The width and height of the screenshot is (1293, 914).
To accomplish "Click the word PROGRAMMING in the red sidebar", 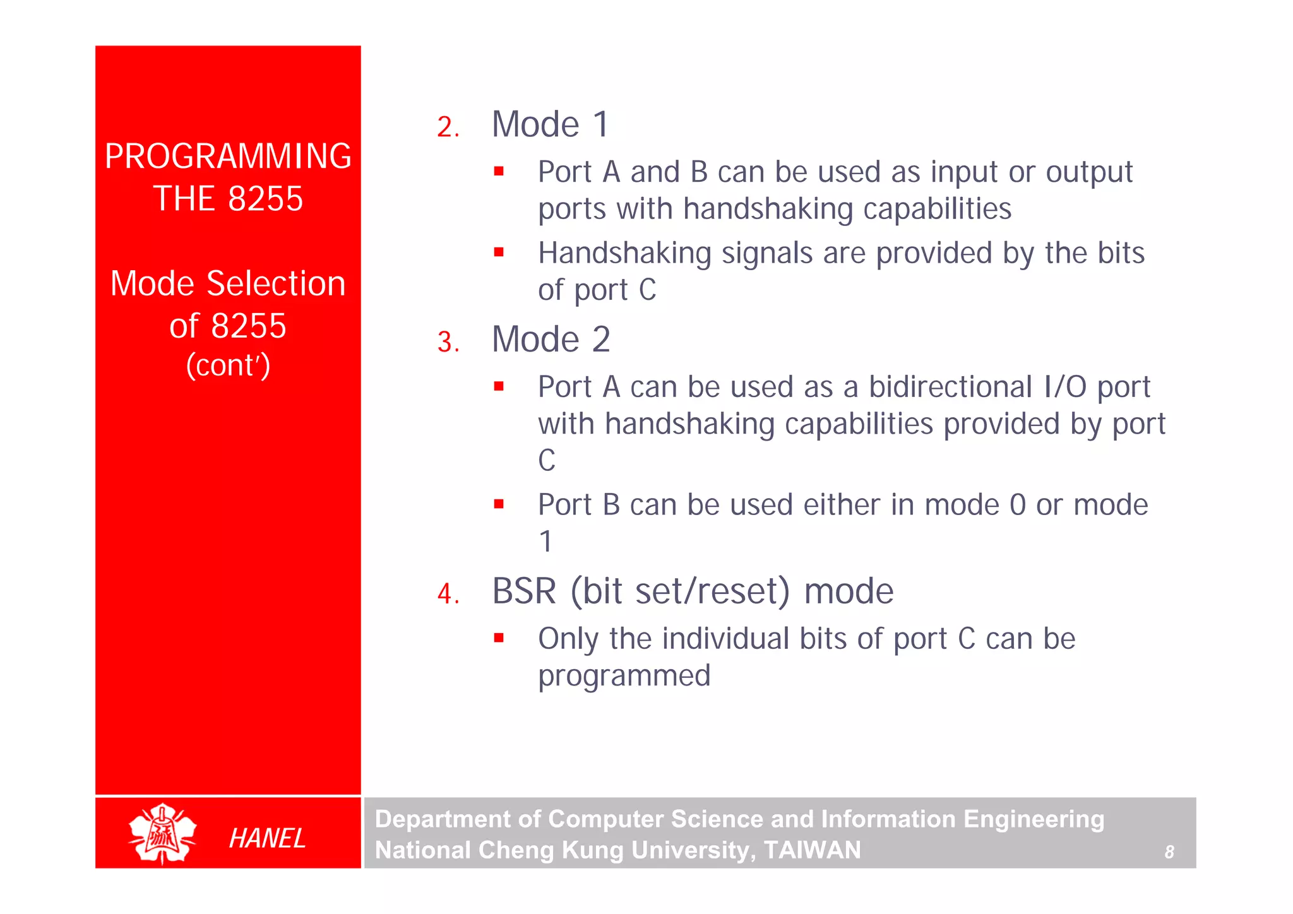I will (227, 157).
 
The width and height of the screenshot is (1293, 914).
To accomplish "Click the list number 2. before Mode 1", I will (447, 128).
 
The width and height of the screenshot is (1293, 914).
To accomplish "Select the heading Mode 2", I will (551, 340).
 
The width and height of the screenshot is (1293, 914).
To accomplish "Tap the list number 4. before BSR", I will (448, 594).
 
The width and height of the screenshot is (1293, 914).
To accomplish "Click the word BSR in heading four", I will (524, 591).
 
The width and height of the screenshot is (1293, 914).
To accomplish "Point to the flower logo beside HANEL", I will (162, 833).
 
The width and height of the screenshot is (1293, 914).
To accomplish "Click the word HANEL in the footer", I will (267, 838).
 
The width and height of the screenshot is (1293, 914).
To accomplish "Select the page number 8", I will (1169, 852).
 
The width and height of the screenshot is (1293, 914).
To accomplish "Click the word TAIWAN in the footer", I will (812, 850).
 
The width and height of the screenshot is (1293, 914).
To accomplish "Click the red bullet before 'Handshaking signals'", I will (499, 252).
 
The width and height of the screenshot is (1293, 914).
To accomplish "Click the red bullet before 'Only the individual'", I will (499, 638).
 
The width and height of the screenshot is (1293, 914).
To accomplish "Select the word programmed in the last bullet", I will (624, 675).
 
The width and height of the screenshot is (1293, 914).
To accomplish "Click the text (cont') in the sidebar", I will (228, 365).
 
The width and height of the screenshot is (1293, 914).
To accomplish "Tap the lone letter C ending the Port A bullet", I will (547, 460).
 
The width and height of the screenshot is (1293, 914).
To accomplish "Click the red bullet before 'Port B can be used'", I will (499, 504).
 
